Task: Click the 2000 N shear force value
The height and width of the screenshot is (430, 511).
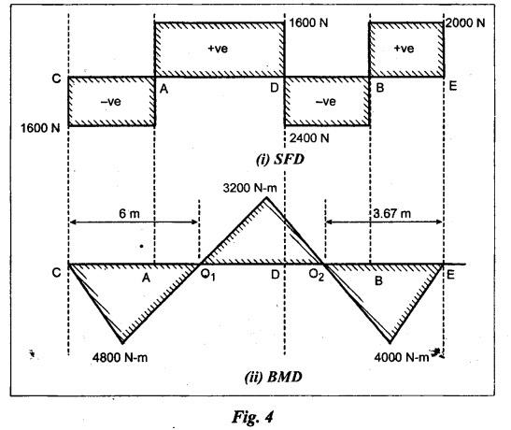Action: pos(465,23)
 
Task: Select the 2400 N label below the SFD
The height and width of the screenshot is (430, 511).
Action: pos(309,138)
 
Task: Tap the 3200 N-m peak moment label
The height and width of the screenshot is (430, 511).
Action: pos(250,188)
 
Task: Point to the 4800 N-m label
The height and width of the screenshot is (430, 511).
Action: pos(120,358)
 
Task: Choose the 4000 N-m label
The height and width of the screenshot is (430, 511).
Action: pos(402,358)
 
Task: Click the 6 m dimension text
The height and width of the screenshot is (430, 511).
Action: pos(129,214)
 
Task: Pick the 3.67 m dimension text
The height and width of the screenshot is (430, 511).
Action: pos(392,214)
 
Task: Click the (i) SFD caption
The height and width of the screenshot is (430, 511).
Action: pos(280,160)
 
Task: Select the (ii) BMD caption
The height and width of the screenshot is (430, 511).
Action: pos(273,378)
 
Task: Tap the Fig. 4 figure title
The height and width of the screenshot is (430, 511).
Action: pos(253,417)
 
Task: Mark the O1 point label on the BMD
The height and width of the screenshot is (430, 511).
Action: pos(208,276)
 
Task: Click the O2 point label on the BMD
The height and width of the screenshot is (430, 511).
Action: pos(317,276)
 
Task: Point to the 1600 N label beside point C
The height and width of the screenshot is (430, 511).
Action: pos(40,128)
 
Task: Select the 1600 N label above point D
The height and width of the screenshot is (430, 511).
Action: pos(308,23)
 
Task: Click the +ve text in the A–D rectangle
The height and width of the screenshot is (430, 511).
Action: pos(218,49)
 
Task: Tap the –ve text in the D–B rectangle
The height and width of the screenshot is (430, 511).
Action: pos(326,102)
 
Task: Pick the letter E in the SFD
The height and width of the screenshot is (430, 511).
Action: pos(453,86)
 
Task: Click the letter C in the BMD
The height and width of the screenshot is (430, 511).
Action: pos(56,272)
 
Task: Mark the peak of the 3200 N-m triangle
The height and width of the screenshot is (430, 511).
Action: pos(266,197)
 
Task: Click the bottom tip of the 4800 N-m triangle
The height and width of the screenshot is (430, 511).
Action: pos(123,343)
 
